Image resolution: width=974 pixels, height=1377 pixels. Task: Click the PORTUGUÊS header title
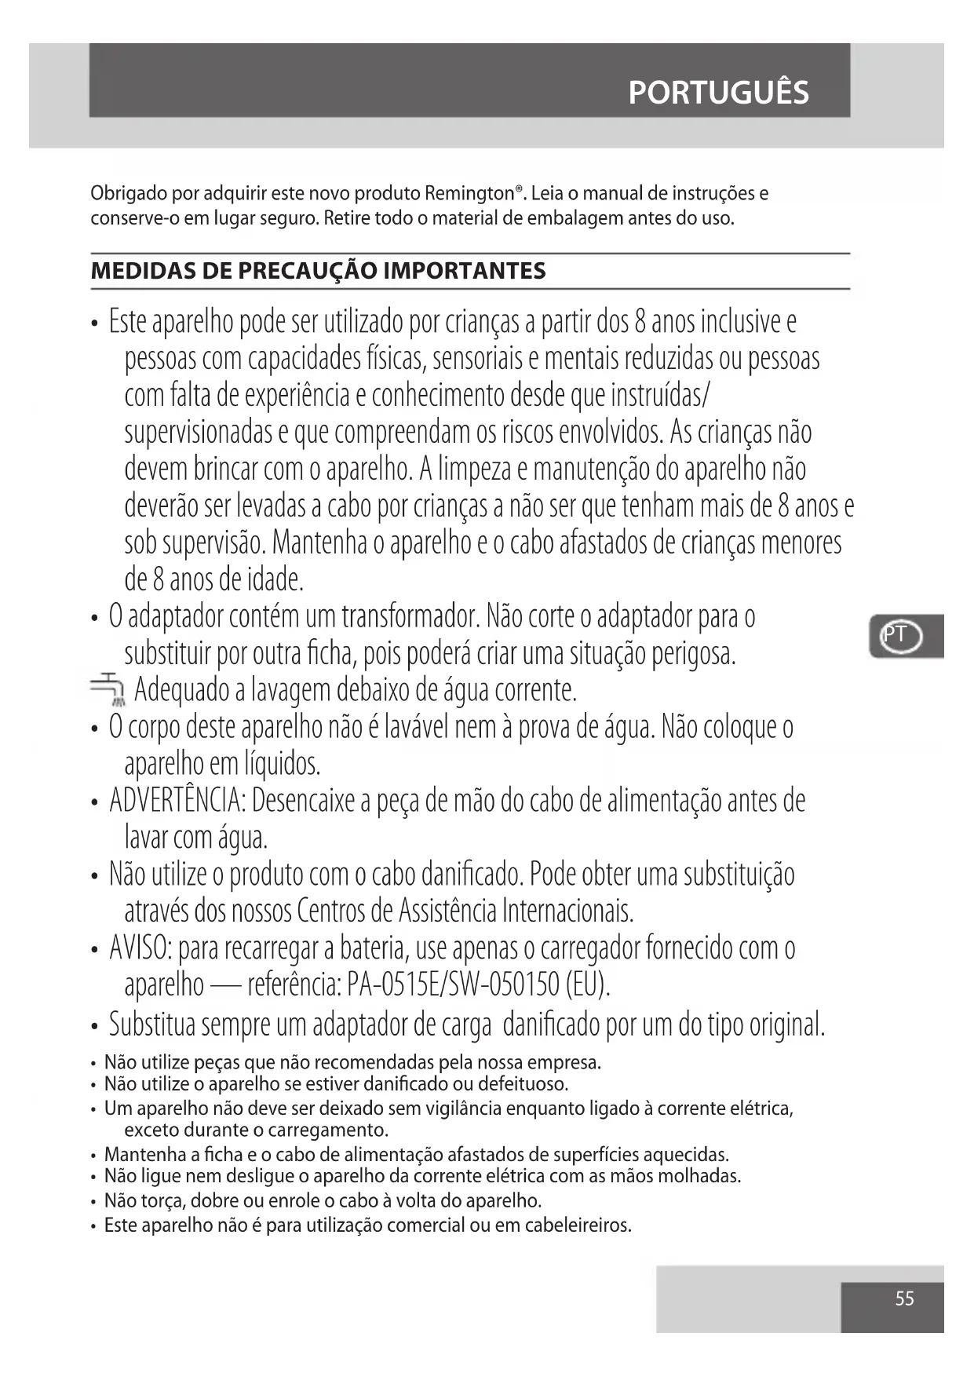[718, 93]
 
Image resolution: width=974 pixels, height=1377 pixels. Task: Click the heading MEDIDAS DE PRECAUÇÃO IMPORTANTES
[318, 272]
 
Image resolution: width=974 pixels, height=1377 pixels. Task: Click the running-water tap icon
[108, 688]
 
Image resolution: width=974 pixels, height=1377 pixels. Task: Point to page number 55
[904, 1298]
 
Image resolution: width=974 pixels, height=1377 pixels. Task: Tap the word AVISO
[140, 948]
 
